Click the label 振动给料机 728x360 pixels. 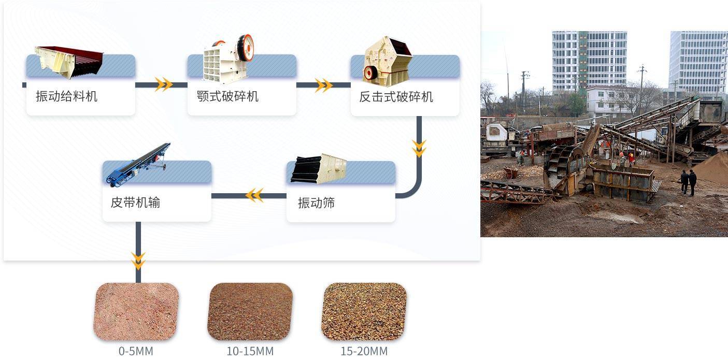66,96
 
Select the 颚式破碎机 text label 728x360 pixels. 227,96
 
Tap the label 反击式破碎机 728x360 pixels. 396,97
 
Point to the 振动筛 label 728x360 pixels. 316,203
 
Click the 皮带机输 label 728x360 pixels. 135,203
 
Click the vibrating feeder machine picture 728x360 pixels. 68,62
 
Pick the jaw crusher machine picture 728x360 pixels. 229,59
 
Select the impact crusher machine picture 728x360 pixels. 387,61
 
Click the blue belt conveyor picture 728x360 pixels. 138,165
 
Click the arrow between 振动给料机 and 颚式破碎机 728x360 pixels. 163,84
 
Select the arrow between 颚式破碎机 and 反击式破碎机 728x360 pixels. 323,85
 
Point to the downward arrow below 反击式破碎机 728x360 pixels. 419,148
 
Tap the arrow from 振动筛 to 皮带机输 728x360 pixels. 254,195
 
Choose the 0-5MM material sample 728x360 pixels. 136,311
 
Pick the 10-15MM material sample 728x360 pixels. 250,311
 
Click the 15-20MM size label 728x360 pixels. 364,351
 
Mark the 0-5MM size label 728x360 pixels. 136,351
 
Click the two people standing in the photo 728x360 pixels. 688,182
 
